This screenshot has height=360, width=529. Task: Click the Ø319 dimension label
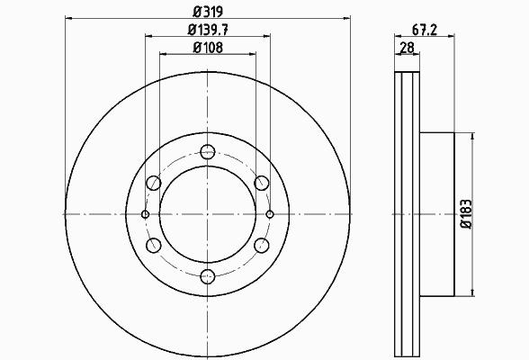tap(208, 12)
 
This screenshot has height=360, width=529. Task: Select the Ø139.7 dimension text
tap(208, 30)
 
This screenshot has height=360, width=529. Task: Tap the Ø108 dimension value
tap(208, 48)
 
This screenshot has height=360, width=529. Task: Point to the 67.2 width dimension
tap(425, 30)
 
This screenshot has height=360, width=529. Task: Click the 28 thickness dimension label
tap(407, 48)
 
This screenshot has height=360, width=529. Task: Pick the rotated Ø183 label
tap(466, 214)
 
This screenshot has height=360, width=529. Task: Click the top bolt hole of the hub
tap(208, 152)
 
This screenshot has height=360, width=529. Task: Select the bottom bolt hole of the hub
tap(208, 276)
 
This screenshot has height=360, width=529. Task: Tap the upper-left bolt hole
tap(154, 183)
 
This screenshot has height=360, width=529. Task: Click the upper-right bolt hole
tap(262, 183)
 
